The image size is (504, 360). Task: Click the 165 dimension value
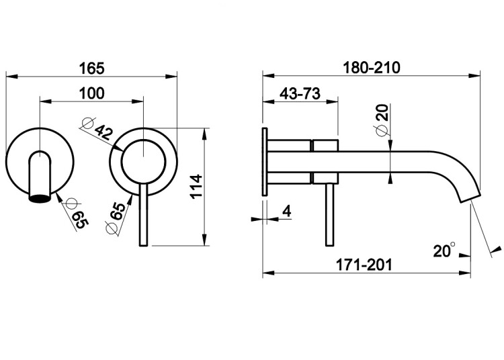pyautogui.click(x=91, y=69)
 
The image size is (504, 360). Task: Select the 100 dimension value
pyautogui.click(x=91, y=93)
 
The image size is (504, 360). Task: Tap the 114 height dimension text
pyautogui.click(x=196, y=186)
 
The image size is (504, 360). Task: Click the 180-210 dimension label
pyautogui.click(x=372, y=68)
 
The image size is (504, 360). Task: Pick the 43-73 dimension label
pyautogui.click(x=300, y=94)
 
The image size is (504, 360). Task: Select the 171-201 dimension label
pyautogui.click(x=364, y=265)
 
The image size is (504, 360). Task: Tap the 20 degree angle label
pyautogui.click(x=444, y=250)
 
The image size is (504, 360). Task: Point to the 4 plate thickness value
pyautogui.click(x=286, y=211)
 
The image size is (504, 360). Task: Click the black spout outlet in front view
pyautogui.click(x=40, y=198)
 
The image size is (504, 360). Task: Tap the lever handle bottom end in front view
pyautogui.click(x=143, y=246)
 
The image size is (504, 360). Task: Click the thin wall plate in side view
pyautogui.click(x=265, y=162)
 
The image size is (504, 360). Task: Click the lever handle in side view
pyautogui.click(x=330, y=215)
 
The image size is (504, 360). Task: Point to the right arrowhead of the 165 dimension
pyautogui.click(x=171, y=77)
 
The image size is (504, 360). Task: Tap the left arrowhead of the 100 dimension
pyautogui.click(x=45, y=101)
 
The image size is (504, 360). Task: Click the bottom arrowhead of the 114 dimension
pyautogui.click(x=205, y=240)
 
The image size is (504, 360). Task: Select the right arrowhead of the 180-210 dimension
pyautogui.click(x=474, y=76)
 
